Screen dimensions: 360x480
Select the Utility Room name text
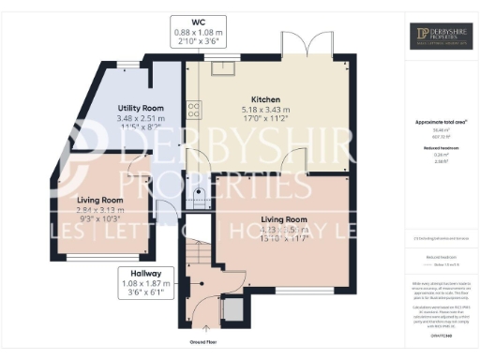141,109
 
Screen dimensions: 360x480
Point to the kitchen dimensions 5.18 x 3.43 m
267,109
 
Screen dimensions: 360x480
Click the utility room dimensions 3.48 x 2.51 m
141,118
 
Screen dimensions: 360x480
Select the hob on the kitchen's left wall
193,110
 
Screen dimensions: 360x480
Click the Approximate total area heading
441,123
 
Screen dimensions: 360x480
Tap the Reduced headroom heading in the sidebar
441,148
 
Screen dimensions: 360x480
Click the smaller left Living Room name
99,200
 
